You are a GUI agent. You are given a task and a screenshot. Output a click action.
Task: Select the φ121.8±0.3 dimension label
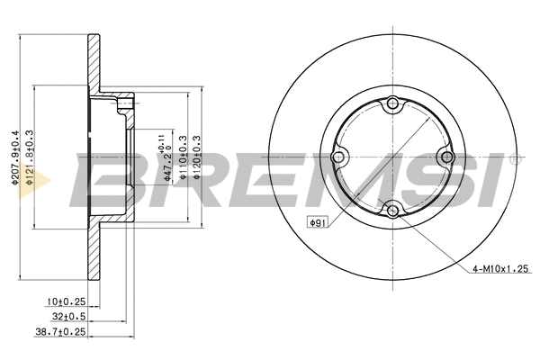[30, 158]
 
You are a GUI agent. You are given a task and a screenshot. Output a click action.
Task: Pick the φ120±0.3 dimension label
[197, 158]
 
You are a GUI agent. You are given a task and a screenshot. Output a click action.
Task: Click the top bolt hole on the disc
[391, 105]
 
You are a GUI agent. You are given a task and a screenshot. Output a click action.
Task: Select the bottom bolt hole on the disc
[391, 211]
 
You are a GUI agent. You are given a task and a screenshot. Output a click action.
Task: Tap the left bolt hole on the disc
[338, 158]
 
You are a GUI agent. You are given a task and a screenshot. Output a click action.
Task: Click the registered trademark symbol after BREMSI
[514, 159]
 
